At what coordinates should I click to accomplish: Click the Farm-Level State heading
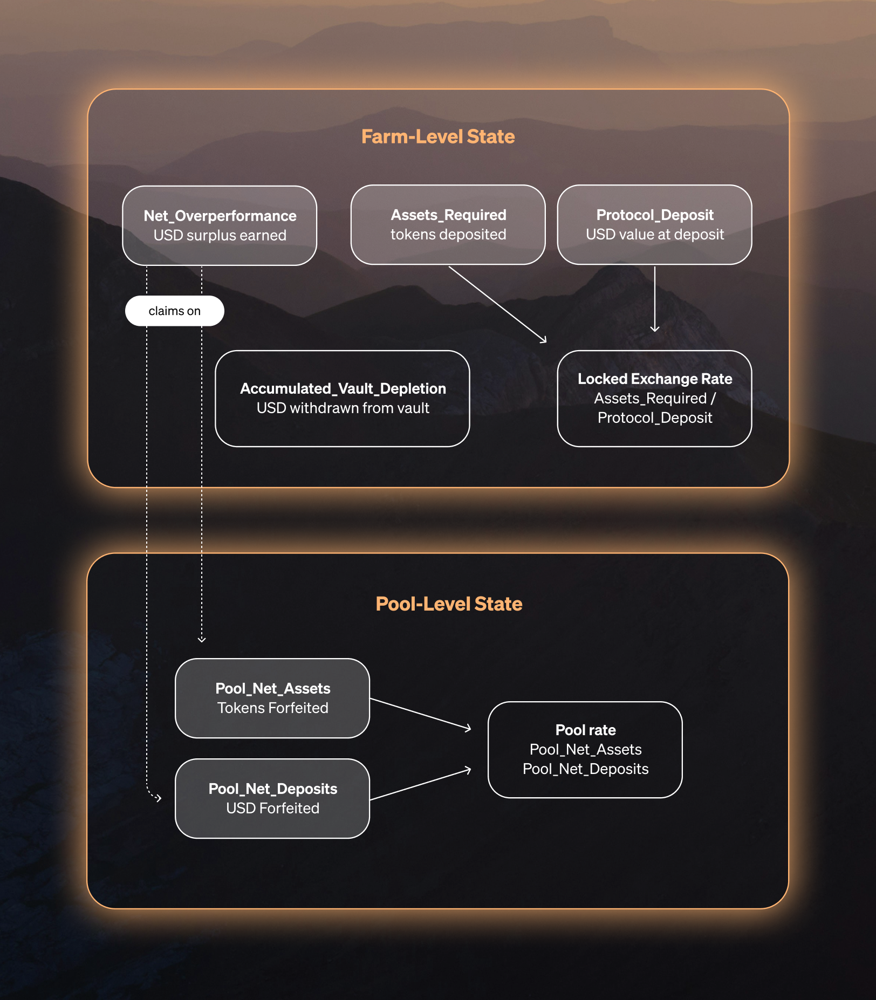437,137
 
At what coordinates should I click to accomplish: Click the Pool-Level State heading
448,604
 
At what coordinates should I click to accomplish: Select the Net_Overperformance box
220,225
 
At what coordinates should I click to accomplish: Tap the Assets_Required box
448,224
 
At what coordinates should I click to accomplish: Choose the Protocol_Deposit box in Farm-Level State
654,224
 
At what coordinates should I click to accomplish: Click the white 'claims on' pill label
174,311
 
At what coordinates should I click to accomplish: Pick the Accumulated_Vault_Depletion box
343,398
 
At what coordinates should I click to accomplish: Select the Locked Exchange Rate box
654,398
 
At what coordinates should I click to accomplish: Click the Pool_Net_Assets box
272,698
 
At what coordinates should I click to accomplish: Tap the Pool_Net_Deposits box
272,798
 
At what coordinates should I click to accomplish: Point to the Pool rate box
585,749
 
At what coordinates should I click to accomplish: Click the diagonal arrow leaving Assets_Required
497,304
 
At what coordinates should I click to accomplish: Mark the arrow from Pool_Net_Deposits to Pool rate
420,784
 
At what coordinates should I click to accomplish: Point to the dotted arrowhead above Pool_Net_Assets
202,639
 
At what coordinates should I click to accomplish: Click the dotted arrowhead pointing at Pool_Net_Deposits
157,797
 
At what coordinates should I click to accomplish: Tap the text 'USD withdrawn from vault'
343,408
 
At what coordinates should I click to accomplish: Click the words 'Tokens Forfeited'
272,708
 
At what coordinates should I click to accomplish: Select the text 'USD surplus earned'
220,236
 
